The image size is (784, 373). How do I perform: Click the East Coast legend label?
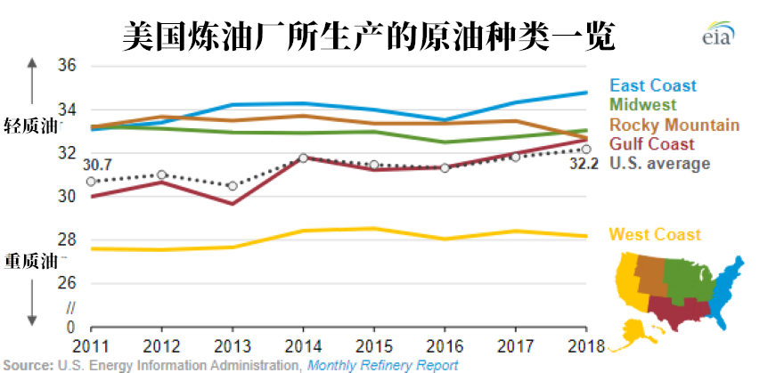click(652, 85)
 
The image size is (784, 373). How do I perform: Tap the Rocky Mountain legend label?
click(674, 125)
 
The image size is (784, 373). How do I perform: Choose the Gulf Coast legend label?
click(651, 144)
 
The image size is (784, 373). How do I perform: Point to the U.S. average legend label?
click(659, 163)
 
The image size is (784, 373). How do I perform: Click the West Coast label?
click(655, 235)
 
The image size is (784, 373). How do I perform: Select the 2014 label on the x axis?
click(304, 345)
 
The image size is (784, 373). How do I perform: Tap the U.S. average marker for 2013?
click(233, 186)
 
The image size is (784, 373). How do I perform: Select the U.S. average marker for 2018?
click(587, 149)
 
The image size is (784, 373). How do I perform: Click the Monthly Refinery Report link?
click(382, 365)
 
